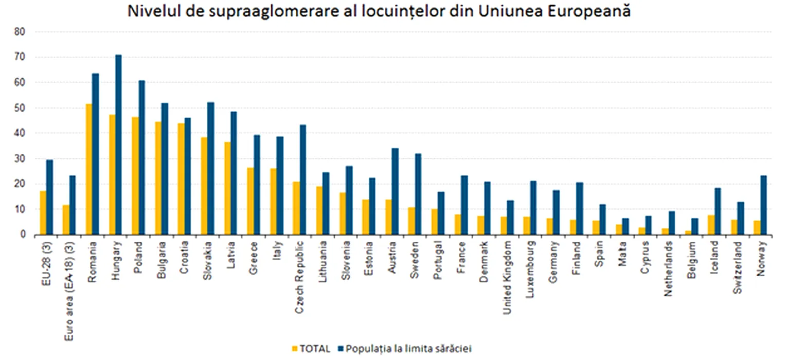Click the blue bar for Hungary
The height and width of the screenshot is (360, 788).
click(x=118, y=145)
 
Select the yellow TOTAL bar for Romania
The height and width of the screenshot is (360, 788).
click(x=88, y=169)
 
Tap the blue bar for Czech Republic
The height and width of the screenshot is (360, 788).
click(x=302, y=179)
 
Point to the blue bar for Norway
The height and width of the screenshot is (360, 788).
click(x=763, y=205)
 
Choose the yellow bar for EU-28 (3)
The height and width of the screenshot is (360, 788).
click(x=43, y=213)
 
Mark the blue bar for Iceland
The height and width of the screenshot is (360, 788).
click(x=718, y=211)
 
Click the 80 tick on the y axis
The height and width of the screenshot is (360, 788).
click(x=22, y=32)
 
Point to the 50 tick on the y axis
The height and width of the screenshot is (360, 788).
click(x=22, y=108)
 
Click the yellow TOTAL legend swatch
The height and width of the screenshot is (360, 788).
click(x=294, y=348)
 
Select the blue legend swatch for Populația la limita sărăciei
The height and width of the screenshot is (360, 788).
click(x=341, y=348)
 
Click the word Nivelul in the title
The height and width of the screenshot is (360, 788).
click(x=149, y=12)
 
